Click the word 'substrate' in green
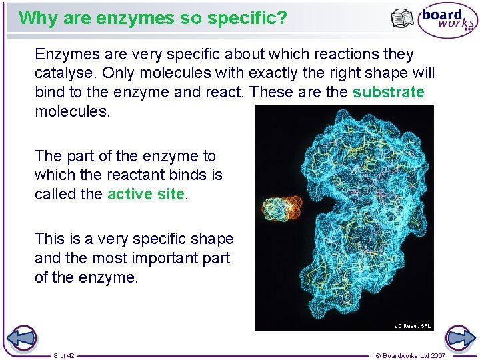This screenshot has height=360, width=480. coord(388,92)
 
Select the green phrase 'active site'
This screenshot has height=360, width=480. coord(145,194)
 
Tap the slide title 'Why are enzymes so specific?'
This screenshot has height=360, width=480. coord(153,18)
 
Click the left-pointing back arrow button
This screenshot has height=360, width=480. coord(21,338)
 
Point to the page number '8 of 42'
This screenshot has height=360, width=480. coord(64,355)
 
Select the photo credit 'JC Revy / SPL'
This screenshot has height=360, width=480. coord(413,326)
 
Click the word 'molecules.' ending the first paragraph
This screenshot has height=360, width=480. coord(72,111)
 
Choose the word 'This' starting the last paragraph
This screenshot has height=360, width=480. coord(49,239)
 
